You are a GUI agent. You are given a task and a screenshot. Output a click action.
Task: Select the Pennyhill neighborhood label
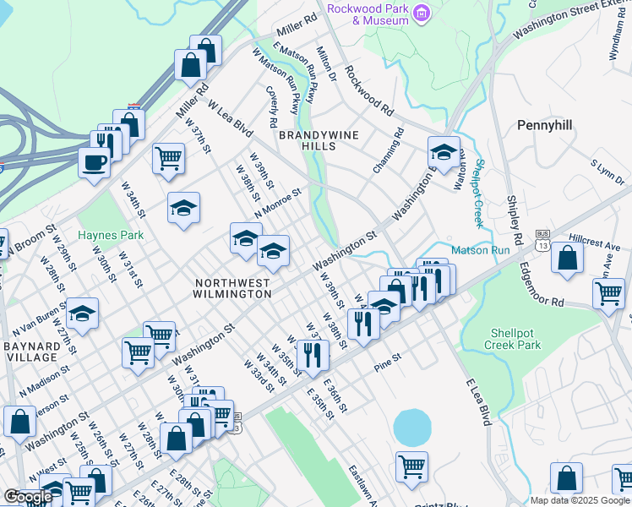[x=544, y=125]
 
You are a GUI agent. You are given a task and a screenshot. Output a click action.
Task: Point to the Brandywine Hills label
[x=319, y=140]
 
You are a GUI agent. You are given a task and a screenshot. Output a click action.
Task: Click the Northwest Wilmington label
[x=233, y=288]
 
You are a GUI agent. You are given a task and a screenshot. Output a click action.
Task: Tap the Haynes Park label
[x=111, y=235]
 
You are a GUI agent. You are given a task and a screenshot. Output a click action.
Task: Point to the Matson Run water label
[x=480, y=250]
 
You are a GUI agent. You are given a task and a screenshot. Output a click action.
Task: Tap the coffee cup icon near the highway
[x=94, y=161]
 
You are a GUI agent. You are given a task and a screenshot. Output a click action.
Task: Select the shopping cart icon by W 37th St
[x=169, y=157]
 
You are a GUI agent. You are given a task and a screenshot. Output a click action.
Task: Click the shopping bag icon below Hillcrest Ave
[x=567, y=257]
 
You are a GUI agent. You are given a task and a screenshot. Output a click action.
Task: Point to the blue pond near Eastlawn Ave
[x=412, y=428]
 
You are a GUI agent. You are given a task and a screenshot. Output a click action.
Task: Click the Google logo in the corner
[x=28, y=497]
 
